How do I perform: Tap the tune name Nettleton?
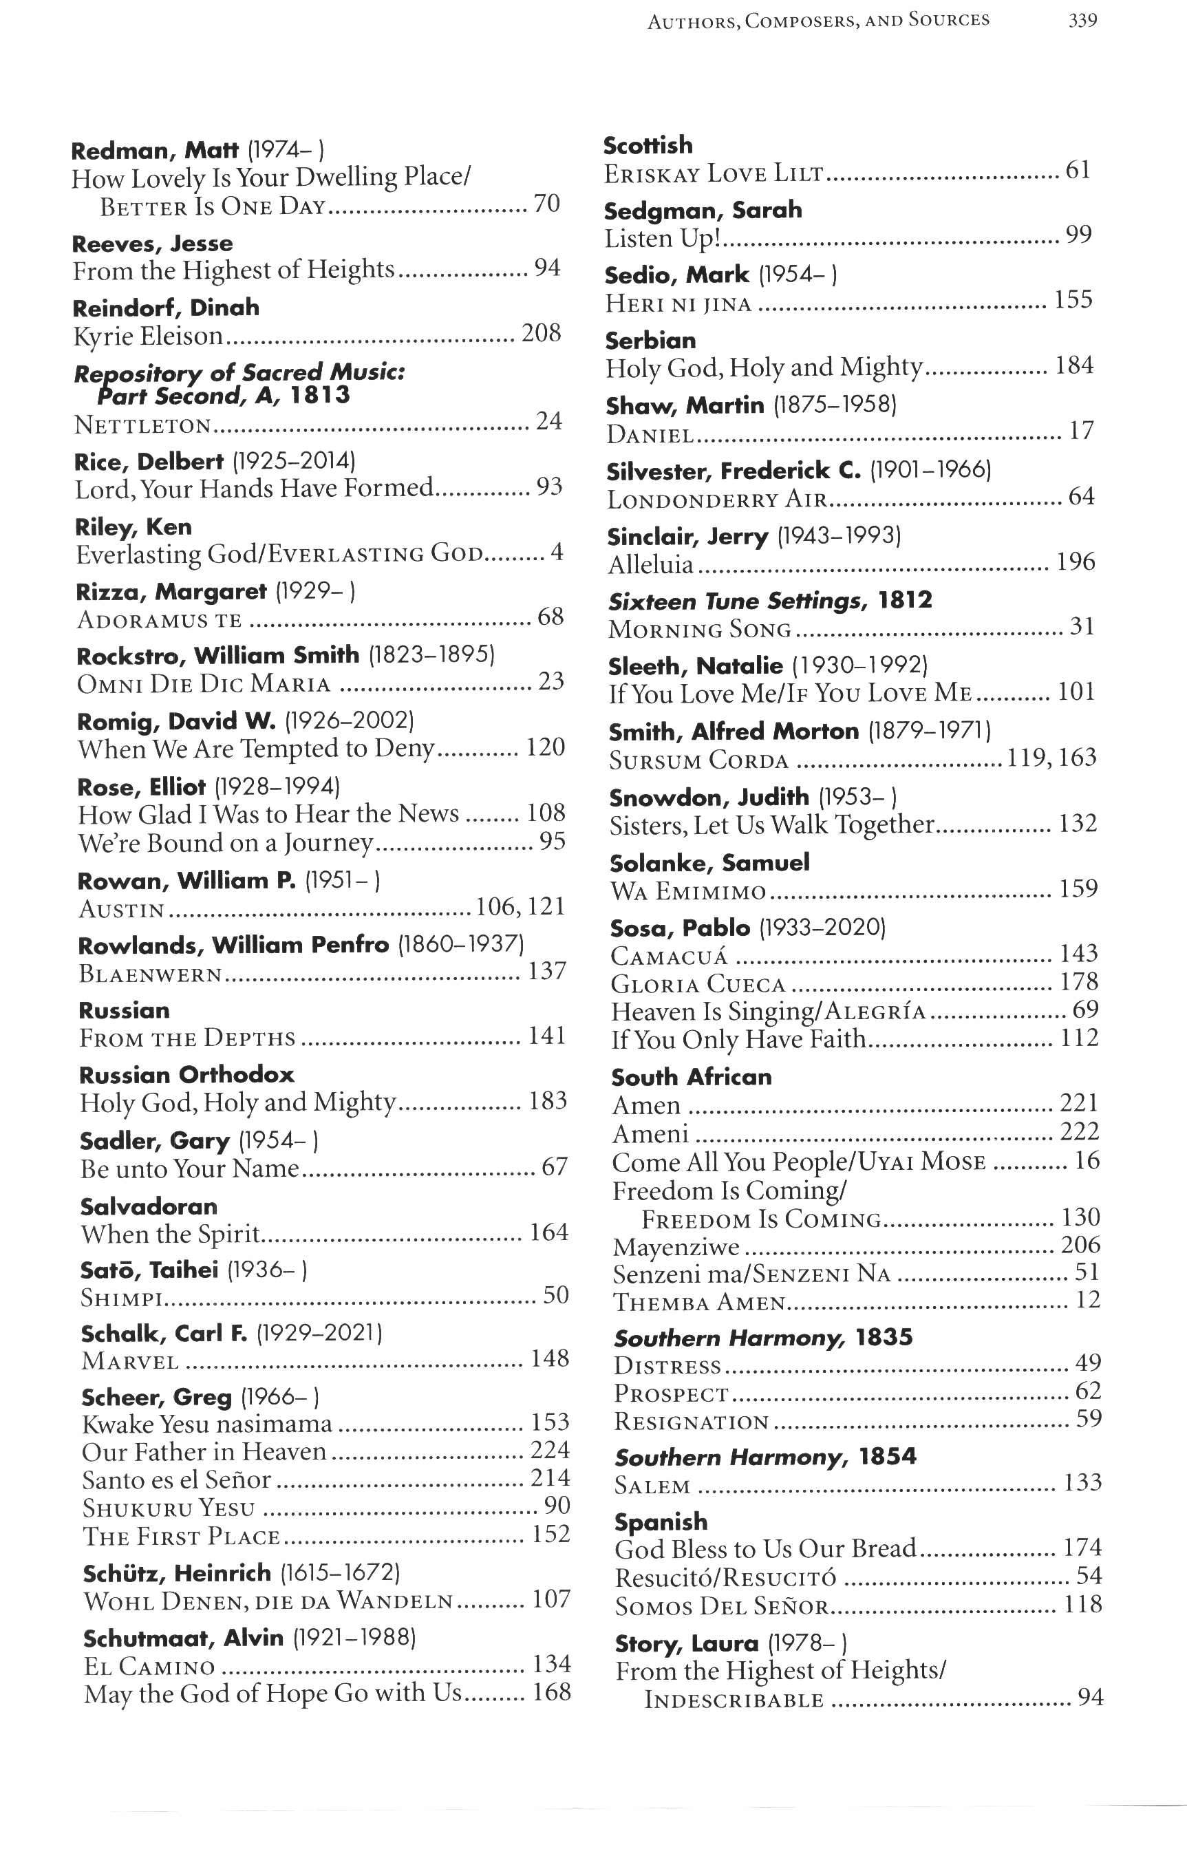click(x=142, y=425)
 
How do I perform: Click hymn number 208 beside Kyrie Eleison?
click(x=541, y=333)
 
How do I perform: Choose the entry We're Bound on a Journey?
click(x=226, y=842)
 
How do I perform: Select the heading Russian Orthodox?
click(x=186, y=1075)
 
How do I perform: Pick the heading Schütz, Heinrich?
click(x=177, y=1572)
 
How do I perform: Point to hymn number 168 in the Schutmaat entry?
click(x=551, y=1692)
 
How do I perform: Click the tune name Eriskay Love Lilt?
click(x=714, y=174)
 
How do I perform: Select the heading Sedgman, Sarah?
click(x=703, y=210)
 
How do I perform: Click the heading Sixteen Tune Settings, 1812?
click(x=769, y=600)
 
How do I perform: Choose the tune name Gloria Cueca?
click(x=698, y=985)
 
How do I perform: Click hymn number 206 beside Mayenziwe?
click(x=1080, y=1245)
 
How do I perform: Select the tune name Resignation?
click(x=692, y=1422)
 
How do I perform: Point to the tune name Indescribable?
click(x=734, y=1700)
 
